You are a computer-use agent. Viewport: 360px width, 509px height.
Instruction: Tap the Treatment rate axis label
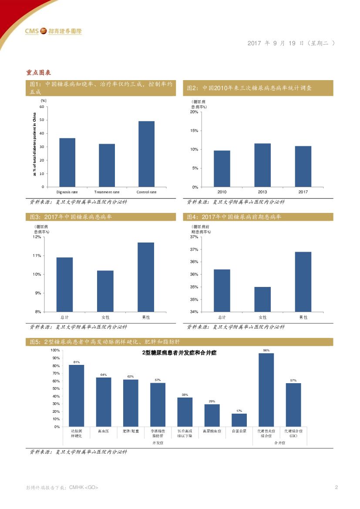107,192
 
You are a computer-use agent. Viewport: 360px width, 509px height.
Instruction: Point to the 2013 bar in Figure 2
262,165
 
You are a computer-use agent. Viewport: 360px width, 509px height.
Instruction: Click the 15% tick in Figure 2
194,131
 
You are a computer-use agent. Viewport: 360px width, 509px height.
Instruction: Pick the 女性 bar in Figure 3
105,291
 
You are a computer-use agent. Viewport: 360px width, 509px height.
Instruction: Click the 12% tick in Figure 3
37,237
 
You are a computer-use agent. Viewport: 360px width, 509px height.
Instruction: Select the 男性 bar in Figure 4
303,282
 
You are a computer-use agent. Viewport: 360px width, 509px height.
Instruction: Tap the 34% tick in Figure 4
194,312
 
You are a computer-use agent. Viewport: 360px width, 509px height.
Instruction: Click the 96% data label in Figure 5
266,350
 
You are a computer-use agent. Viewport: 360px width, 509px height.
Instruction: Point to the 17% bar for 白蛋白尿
239,420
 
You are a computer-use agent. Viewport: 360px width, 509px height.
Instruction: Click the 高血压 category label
103,431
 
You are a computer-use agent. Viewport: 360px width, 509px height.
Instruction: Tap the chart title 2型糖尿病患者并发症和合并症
179,353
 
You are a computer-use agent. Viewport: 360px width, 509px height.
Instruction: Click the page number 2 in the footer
336,487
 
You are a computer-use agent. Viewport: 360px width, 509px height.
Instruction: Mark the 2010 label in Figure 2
222,192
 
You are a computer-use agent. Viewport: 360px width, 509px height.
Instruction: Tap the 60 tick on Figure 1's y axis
42,107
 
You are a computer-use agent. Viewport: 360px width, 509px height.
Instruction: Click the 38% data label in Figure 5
185,394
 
